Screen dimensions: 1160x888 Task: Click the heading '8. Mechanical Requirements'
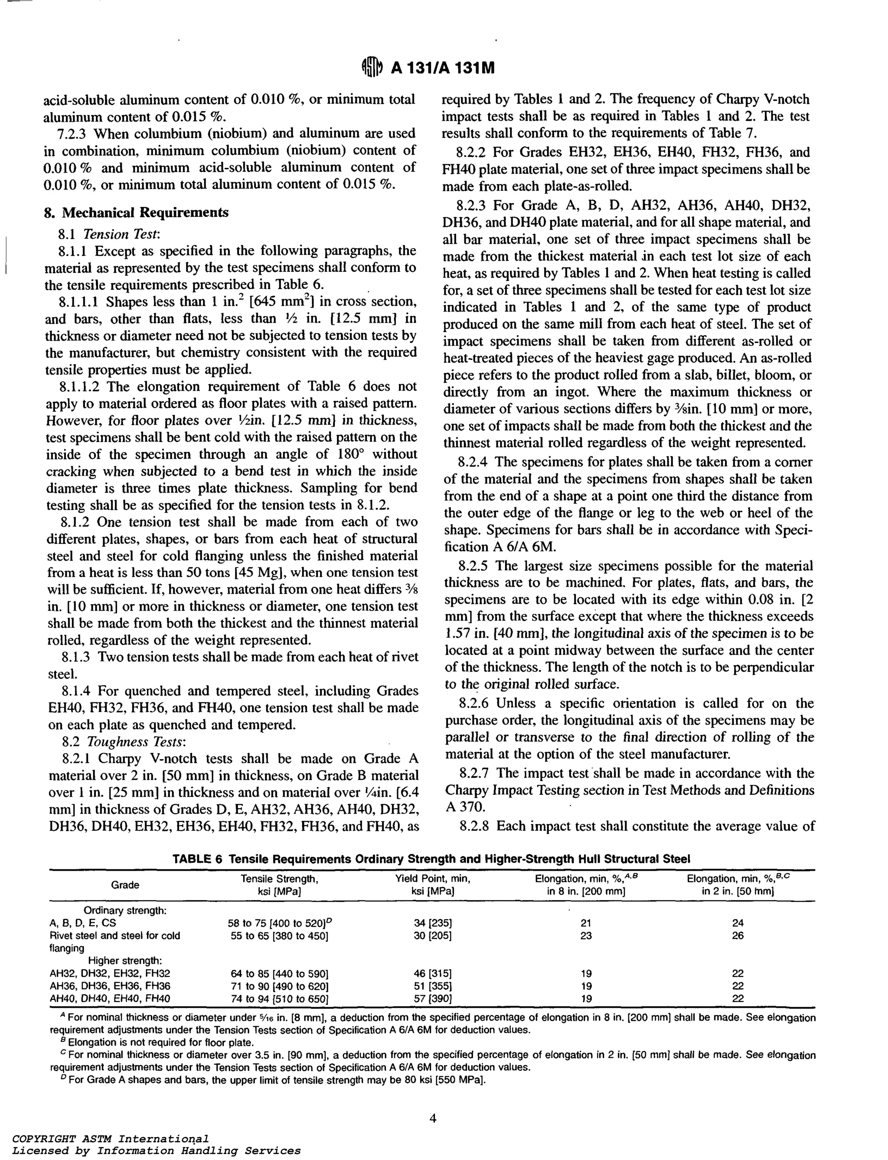coord(137,212)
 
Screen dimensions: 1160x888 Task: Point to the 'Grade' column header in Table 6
coord(125,885)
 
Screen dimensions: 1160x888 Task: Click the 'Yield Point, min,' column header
coord(432,879)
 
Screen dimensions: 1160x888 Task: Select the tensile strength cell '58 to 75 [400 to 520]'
coord(279,923)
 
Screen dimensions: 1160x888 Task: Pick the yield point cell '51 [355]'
coord(432,986)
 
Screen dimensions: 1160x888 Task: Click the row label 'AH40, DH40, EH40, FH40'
coord(110,998)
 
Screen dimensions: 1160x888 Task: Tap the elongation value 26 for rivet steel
coord(738,935)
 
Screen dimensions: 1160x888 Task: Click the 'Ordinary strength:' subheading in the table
coord(125,911)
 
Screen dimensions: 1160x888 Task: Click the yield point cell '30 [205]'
coord(432,935)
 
